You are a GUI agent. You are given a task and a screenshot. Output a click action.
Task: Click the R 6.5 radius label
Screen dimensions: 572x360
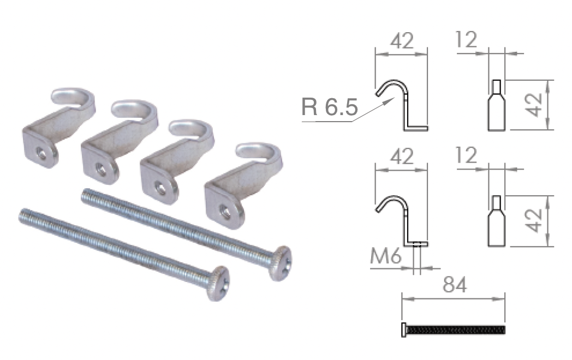click(x=330, y=107)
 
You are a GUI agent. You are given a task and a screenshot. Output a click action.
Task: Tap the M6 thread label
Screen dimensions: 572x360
click(x=385, y=256)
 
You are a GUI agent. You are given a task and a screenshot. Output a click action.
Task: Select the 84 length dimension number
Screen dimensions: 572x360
click(x=455, y=285)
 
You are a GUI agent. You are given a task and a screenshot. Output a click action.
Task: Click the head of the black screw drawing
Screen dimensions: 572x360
click(x=403, y=329)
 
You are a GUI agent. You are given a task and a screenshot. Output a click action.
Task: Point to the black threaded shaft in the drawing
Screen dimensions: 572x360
click(x=456, y=330)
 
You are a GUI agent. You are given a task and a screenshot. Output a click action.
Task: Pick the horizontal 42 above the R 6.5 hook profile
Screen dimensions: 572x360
click(x=402, y=41)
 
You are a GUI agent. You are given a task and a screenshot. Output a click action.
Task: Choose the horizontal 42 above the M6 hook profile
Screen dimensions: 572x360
click(x=402, y=157)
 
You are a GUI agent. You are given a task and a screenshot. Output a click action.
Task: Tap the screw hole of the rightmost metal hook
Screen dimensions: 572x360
click(x=225, y=212)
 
